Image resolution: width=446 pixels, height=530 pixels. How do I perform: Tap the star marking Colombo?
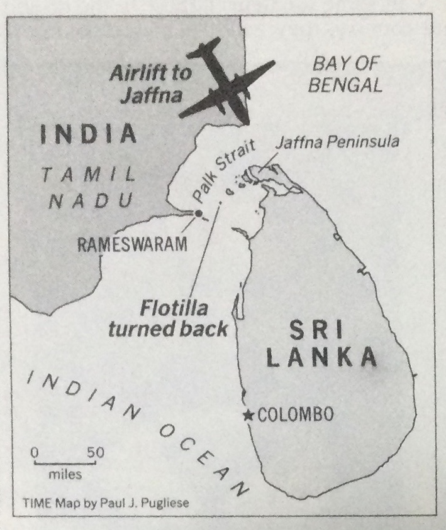[250, 415]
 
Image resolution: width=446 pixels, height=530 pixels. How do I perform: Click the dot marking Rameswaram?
[199, 214]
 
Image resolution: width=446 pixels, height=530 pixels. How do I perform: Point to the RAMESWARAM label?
[132, 244]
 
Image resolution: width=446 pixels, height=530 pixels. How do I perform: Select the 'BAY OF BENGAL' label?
[347, 73]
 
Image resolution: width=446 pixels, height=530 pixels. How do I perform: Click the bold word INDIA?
[89, 134]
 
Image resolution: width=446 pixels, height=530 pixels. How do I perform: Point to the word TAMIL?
[89, 173]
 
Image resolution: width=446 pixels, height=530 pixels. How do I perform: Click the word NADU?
[91, 200]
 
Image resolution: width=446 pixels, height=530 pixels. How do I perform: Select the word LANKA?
[321, 359]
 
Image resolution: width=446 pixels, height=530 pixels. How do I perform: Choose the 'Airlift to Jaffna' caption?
[147, 84]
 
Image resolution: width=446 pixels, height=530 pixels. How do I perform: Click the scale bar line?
[64, 463]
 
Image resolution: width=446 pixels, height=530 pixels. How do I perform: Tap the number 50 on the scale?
[95, 452]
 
